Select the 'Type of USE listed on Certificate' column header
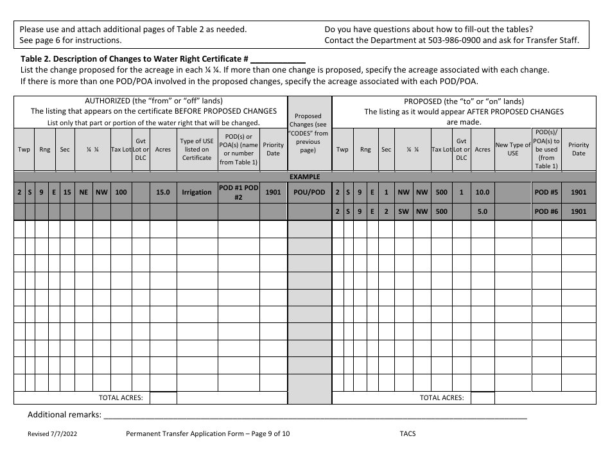[196, 149]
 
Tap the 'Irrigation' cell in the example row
[196, 192]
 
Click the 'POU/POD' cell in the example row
[309, 192]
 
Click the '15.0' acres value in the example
[163, 192]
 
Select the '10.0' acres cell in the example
[482, 192]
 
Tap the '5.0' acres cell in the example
[482, 211]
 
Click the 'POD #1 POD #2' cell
[238, 192]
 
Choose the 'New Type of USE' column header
[513, 149]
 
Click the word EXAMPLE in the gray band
[304, 177]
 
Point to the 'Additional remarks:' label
[64, 415]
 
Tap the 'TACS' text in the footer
[407, 433]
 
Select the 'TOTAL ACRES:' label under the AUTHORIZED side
[121, 398]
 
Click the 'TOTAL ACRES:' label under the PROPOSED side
[442, 398]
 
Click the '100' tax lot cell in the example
[121, 192]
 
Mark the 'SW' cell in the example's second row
[403, 211]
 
